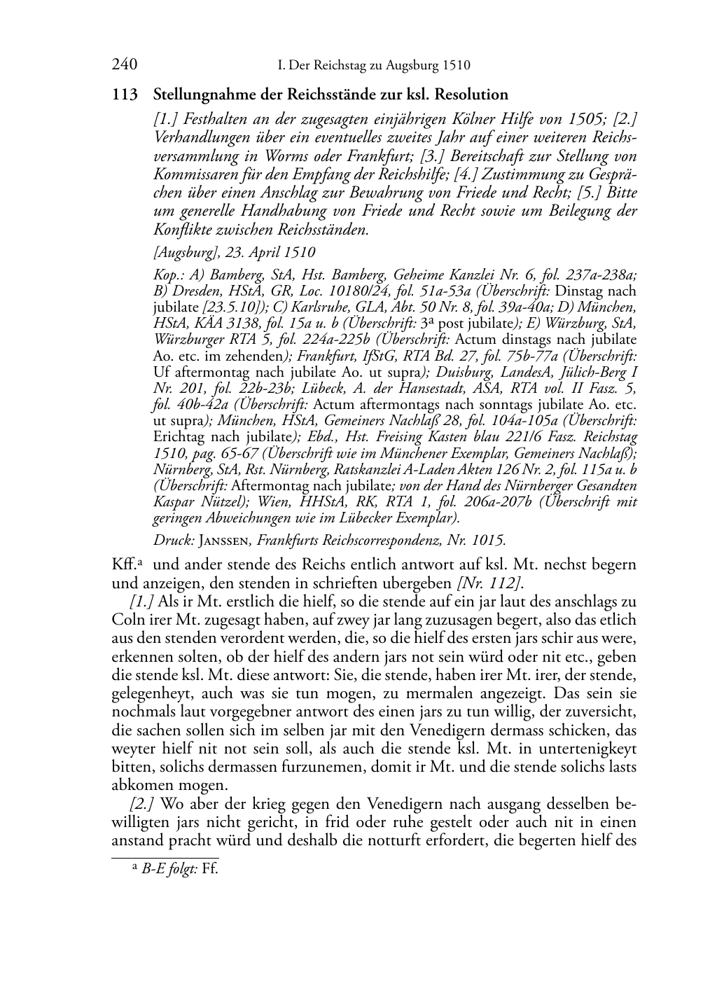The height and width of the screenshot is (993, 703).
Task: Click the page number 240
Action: coord(124,65)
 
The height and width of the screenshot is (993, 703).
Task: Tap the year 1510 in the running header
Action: coord(456,66)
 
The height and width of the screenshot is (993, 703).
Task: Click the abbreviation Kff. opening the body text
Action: coord(124,564)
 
